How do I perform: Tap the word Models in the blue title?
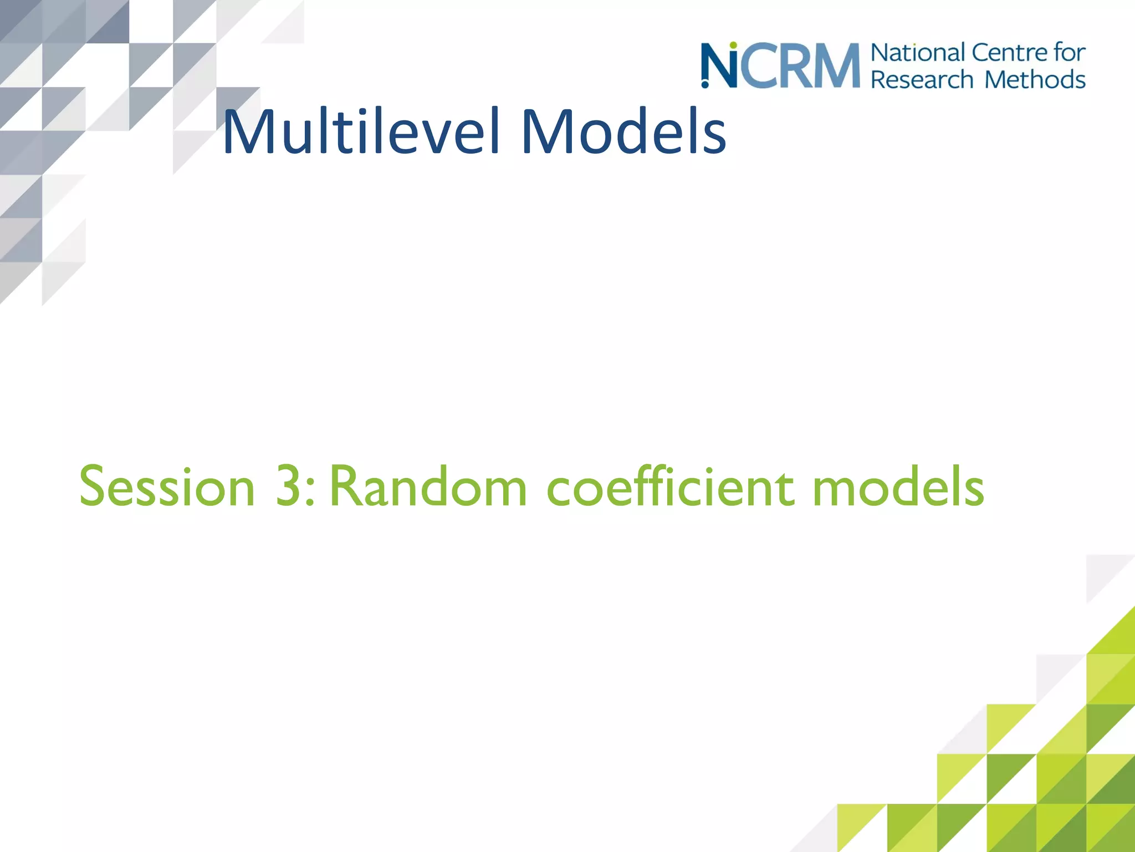(623, 132)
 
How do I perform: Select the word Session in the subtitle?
(167, 487)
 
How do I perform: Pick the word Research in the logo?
(922, 79)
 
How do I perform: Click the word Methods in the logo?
(1035, 79)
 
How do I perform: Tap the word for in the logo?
(1070, 53)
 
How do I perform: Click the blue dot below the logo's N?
(705, 85)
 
